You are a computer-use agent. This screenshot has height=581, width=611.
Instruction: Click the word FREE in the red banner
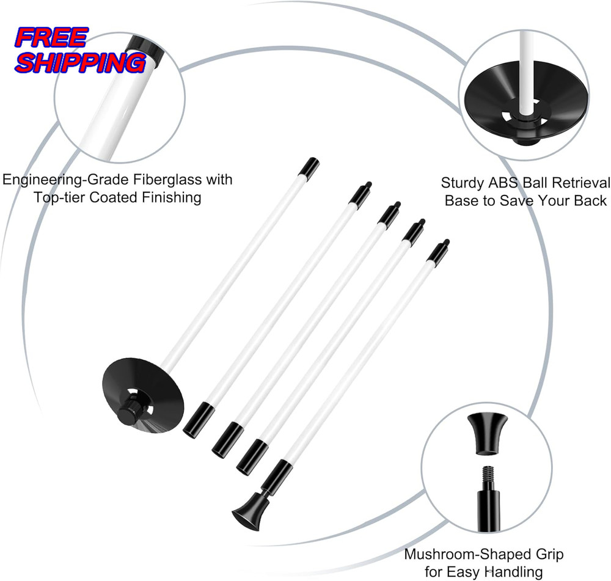point(51,38)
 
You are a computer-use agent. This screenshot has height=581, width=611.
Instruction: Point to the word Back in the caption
point(590,200)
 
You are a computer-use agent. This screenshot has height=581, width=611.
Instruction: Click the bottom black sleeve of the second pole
point(199,418)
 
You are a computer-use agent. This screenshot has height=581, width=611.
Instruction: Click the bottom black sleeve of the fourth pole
point(252,456)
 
